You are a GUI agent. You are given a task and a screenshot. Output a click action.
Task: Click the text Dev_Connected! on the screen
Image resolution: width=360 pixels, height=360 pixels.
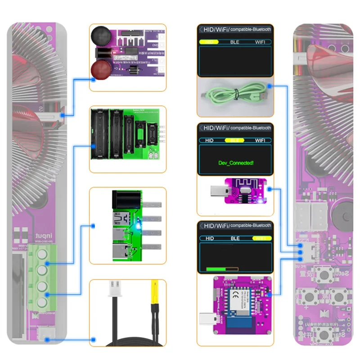click(x=235, y=162)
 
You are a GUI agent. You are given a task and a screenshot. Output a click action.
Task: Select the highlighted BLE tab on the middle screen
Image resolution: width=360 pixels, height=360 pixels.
click(x=234, y=140)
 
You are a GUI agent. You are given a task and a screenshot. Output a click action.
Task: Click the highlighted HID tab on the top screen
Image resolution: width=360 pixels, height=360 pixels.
click(x=209, y=41)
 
